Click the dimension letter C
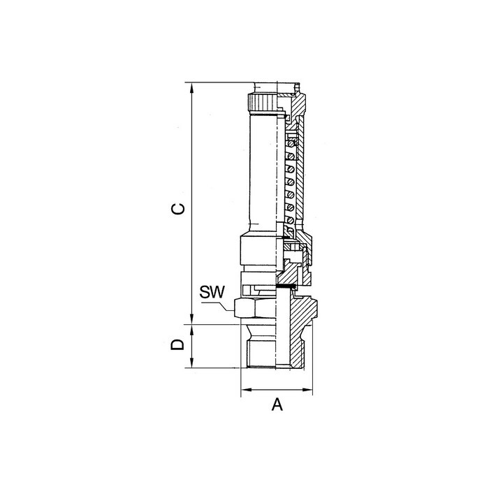coord(178,209)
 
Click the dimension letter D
coord(177,344)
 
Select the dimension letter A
coord(277,404)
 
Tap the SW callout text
coord(212,292)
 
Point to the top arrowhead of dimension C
coord(192,87)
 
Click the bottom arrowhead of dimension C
coord(192,319)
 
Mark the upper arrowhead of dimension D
coord(192,330)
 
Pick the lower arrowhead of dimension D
coord(192,363)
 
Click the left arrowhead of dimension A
coord(247,390)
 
